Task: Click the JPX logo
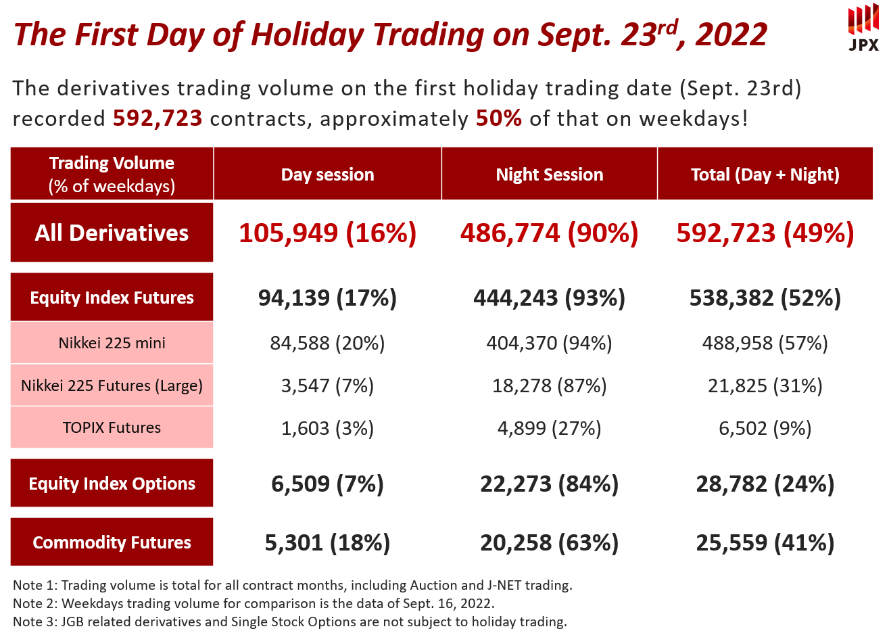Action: tap(863, 29)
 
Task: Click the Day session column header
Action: tap(327, 174)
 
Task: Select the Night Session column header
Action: tap(549, 174)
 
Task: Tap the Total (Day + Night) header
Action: tap(765, 174)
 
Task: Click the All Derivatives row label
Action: tap(112, 233)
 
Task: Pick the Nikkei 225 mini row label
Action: tap(112, 343)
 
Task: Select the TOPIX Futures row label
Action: tap(112, 427)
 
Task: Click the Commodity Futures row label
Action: tap(112, 542)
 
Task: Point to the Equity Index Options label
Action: tap(112, 484)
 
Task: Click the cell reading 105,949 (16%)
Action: tap(327, 233)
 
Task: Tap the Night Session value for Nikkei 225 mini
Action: tap(549, 343)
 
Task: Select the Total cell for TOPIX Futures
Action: tap(765, 428)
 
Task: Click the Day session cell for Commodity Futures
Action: tap(327, 542)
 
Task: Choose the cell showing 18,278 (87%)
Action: tap(549, 385)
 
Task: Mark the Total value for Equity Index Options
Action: tap(765, 484)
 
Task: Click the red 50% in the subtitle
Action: tap(498, 118)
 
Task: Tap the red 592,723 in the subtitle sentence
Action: tap(158, 118)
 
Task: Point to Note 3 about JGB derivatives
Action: tap(289, 622)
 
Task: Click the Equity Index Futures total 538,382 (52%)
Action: tap(765, 298)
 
